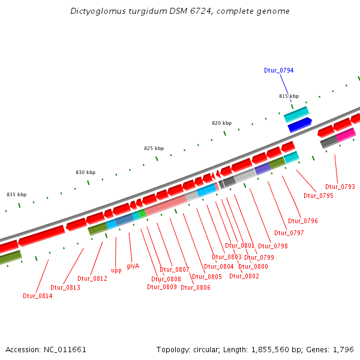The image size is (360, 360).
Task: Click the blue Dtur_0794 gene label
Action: (278, 70)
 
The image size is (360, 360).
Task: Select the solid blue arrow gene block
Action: (299, 125)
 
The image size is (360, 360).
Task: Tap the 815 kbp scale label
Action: (289, 96)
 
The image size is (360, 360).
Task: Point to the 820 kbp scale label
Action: (221, 123)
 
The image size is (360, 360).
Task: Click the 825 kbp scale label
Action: (154, 148)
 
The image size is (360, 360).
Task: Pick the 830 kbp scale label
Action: (85, 172)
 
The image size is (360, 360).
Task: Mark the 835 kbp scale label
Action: (16, 194)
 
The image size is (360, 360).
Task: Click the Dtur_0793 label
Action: (340, 187)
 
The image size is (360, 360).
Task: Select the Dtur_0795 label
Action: (318, 196)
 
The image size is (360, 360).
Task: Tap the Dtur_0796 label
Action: (303, 221)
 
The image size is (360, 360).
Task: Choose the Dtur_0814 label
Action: (37, 296)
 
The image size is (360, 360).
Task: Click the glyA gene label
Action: (133, 266)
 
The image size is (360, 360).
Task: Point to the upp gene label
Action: (116, 271)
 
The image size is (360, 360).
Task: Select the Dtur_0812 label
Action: (92, 278)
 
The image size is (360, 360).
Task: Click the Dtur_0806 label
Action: (195, 287)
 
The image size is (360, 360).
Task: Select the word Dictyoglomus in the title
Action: (98, 11)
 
